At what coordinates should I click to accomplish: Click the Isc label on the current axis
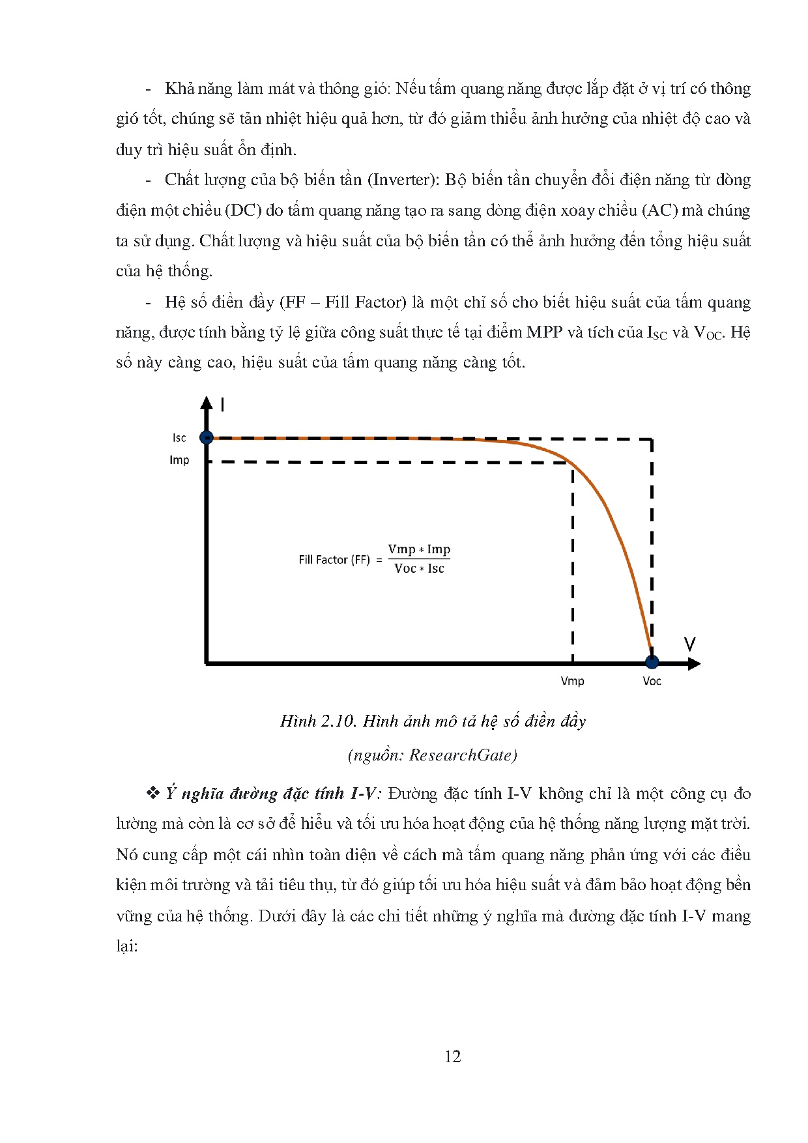pyautogui.click(x=179, y=438)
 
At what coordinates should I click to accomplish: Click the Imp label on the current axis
pyautogui.click(x=179, y=460)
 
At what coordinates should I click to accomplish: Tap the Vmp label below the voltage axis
pyautogui.click(x=572, y=681)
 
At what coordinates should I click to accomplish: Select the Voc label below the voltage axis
pyautogui.click(x=652, y=681)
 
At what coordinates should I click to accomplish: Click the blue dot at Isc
pyautogui.click(x=207, y=437)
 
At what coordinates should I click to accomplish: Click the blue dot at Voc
pyautogui.click(x=652, y=662)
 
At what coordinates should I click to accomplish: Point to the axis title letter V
pyautogui.click(x=690, y=644)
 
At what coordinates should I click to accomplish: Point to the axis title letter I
pyautogui.click(x=223, y=405)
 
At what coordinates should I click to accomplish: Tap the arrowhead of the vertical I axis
pyautogui.click(x=207, y=402)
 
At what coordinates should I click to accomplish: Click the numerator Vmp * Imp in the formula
pyautogui.click(x=419, y=549)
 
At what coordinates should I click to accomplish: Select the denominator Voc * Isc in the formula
pyautogui.click(x=419, y=568)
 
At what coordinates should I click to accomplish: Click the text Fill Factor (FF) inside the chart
pyautogui.click(x=334, y=560)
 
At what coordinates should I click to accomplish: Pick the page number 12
pyautogui.click(x=453, y=1056)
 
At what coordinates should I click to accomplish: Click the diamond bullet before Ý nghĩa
pyautogui.click(x=153, y=793)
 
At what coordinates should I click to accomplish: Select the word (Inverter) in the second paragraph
pyautogui.click(x=404, y=180)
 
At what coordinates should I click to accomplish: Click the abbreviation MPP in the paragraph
pyautogui.click(x=544, y=332)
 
